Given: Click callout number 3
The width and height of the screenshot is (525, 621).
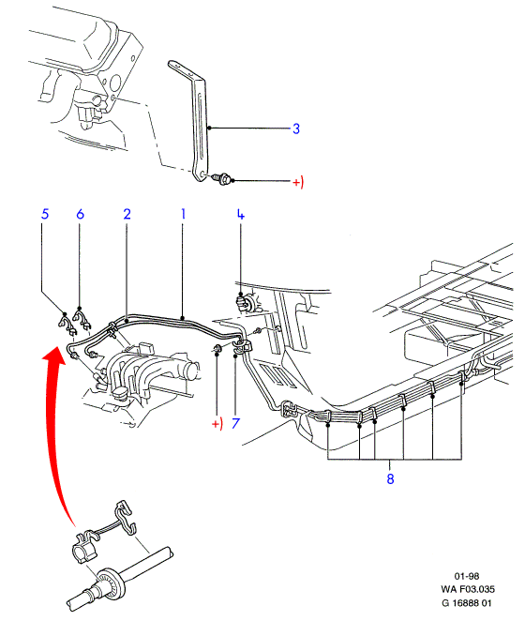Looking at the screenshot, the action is point(295,129).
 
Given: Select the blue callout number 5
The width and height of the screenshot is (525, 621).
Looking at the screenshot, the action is point(45,214).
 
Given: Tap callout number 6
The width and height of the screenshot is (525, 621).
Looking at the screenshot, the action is point(80,214).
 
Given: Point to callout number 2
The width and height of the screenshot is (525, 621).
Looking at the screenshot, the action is point(127,214).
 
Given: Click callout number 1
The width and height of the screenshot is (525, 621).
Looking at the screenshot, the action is point(183,214).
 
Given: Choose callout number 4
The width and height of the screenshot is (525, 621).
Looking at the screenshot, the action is point(241,214).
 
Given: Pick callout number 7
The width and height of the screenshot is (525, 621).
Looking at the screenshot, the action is point(235,423).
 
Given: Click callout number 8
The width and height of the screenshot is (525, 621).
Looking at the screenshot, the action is point(390,478).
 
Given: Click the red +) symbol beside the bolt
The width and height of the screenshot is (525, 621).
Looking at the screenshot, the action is point(298,182).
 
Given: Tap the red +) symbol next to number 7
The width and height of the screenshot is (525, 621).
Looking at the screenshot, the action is point(217,423).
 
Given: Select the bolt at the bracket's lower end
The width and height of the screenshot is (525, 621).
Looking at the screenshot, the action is point(222,178).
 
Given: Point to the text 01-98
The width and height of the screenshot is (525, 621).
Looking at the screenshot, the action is point(467,576).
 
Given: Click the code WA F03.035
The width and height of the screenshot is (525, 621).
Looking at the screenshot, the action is point(468,589).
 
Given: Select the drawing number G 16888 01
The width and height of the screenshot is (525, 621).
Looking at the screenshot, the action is point(467,603).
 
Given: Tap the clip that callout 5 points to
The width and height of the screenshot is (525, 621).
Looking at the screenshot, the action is point(67,325).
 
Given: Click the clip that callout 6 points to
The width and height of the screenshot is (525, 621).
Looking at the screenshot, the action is point(82,320).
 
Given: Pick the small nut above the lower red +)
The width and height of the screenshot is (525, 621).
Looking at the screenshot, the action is point(217,349).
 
